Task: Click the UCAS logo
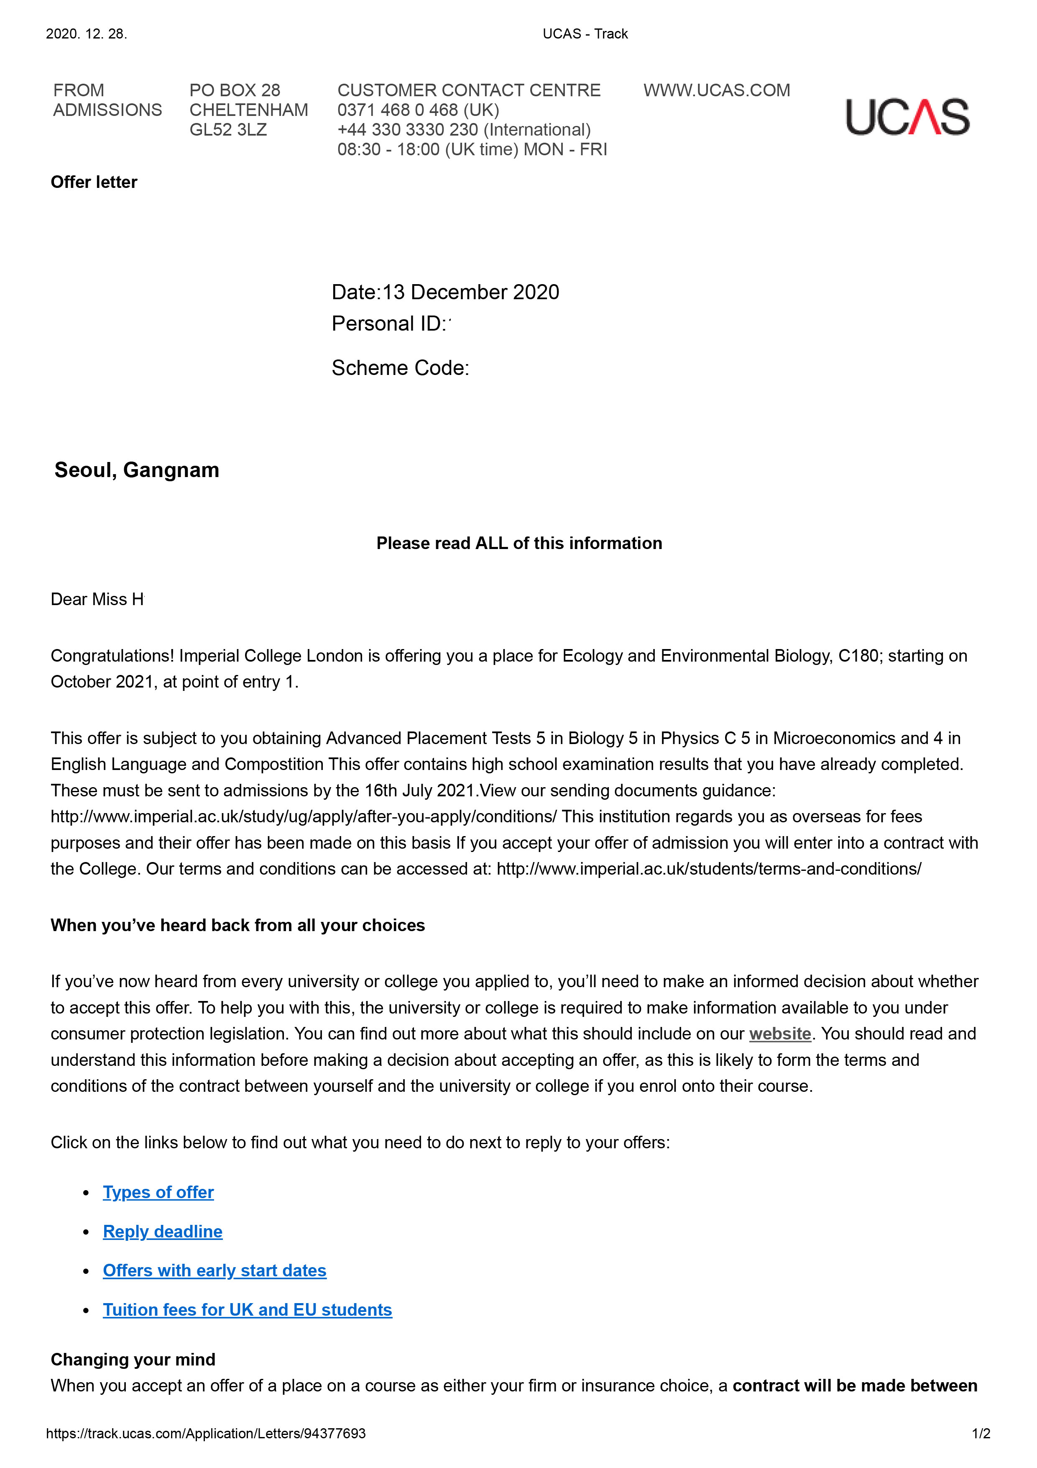tap(907, 117)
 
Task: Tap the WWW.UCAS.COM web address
tap(716, 90)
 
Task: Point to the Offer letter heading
tap(94, 182)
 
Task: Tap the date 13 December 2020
tap(470, 292)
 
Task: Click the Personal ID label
tap(387, 324)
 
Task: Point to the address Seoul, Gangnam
tap(137, 470)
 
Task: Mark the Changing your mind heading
tap(133, 1359)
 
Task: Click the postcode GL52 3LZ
tap(228, 130)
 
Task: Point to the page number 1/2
tap(981, 1433)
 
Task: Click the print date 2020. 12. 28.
tap(86, 34)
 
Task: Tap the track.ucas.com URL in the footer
tap(206, 1433)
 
